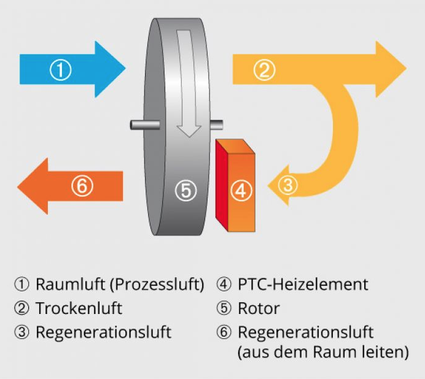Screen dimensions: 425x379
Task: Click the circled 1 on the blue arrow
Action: (x=60, y=70)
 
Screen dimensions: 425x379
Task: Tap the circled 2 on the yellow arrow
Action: (x=264, y=70)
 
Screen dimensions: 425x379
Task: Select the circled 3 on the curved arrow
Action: (x=288, y=185)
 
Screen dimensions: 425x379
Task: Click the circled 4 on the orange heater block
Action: (x=241, y=191)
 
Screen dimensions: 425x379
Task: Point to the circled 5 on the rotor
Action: (x=186, y=191)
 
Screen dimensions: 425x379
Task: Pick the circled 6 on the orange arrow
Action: (x=82, y=186)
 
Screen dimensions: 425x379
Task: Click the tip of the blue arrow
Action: (x=126, y=69)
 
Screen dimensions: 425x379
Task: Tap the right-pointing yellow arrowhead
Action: (x=391, y=69)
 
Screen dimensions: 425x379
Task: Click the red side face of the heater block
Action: (x=222, y=185)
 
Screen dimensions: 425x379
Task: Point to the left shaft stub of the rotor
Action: (x=144, y=124)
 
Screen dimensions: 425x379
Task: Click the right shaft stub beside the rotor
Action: (x=217, y=124)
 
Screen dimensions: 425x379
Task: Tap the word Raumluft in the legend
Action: (x=70, y=285)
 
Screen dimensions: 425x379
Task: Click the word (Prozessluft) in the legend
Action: (x=157, y=285)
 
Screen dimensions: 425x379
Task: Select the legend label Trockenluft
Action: (x=79, y=308)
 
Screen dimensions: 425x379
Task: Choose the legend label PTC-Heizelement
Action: (x=303, y=285)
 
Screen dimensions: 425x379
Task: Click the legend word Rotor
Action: (x=259, y=308)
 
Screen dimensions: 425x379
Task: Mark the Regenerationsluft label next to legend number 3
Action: (x=104, y=333)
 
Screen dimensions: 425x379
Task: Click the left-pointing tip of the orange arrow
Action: (x=17, y=186)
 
